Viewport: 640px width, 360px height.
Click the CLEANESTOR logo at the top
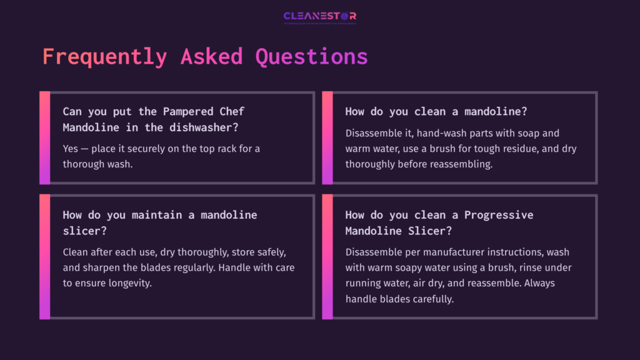tap(319, 16)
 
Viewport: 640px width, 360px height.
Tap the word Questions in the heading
tap(311, 57)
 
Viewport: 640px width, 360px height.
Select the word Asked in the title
tap(211, 57)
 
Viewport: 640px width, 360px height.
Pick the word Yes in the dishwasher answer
tap(71, 149)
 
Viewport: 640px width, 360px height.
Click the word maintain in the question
tap(159, 215)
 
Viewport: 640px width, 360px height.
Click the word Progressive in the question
tap(499, 215)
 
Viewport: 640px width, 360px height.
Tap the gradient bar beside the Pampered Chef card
tap(44, 137)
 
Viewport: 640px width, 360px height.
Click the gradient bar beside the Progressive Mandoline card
tap(327, 256)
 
